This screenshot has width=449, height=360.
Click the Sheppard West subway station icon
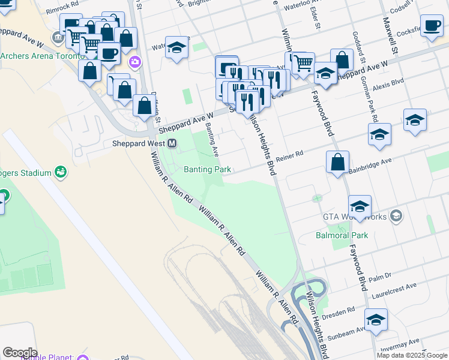click(172, 143)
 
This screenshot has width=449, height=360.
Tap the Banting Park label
click(207, 170)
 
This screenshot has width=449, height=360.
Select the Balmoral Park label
click(342, 235)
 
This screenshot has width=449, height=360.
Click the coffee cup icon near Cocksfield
click(432, 26)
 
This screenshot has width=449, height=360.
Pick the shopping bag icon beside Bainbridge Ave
click(338, 161)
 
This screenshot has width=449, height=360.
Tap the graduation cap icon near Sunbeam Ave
click(376, 319)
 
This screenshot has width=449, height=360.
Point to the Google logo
click(20, 353)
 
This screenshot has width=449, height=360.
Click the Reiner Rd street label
click(290, 154)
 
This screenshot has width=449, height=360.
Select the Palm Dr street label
click(380, 277)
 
